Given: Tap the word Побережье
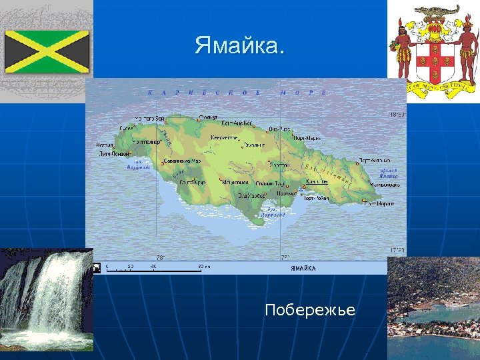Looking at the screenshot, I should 309,310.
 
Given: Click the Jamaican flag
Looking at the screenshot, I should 47,51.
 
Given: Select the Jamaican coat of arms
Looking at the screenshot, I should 437,49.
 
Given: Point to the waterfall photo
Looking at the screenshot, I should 45,300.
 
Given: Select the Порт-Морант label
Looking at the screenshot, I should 381,203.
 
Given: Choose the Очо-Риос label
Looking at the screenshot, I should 279,129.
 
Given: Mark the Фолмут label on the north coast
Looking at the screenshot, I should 208,117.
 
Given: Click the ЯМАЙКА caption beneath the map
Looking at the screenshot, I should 303,268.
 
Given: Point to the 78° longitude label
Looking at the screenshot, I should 160,257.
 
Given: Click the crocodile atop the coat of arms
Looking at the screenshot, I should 437,11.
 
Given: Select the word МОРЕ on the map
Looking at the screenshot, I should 303,93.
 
